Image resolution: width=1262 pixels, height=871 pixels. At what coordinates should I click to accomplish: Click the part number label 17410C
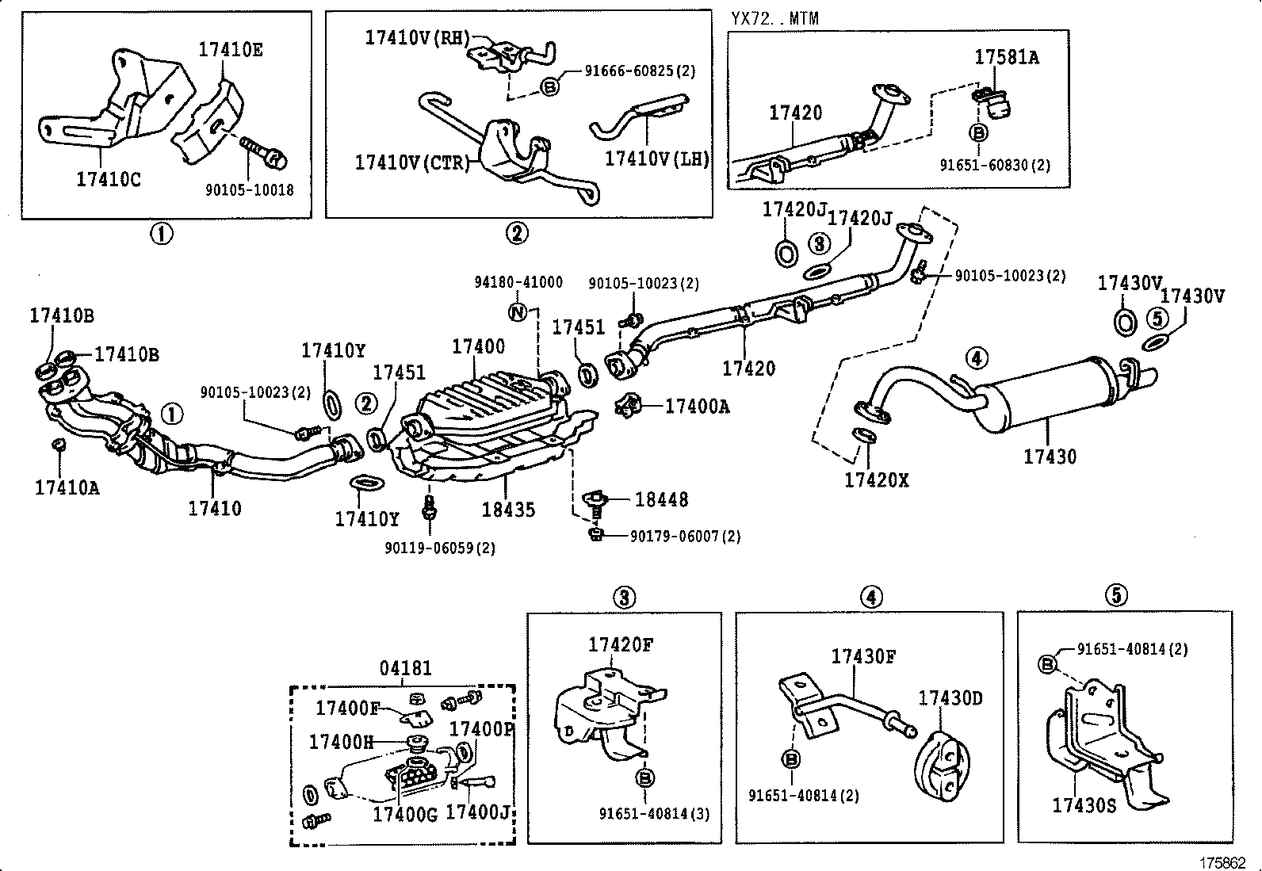click(109, 179)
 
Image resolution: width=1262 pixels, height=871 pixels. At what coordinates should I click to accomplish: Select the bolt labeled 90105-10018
click(265, 154)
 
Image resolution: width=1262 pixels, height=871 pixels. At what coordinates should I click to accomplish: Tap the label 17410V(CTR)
click(411, 162)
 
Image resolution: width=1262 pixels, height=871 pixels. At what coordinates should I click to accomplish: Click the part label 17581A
click(1006, 57)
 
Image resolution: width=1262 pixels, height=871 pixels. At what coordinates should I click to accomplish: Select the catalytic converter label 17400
click(478, 346)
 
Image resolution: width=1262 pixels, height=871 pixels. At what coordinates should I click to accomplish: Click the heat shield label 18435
click(507, 509)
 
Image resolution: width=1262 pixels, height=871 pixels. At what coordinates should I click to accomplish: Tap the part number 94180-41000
click(518, 282)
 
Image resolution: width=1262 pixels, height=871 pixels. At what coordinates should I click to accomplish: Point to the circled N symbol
click(517, 312)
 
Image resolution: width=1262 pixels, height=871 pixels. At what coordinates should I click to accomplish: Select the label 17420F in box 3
click(620, 644)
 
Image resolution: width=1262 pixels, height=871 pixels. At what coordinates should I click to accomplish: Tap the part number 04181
click(406, 668)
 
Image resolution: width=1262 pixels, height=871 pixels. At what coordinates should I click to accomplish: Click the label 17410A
click(67, 487)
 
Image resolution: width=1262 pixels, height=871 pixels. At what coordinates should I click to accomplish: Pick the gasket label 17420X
click(876, 479)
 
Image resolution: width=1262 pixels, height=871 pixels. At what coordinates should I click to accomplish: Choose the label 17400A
click(697, 407)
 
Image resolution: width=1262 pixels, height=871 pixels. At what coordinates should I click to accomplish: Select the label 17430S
click(1084, 806)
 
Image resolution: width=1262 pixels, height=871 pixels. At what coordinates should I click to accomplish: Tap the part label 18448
click(661, 499)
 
